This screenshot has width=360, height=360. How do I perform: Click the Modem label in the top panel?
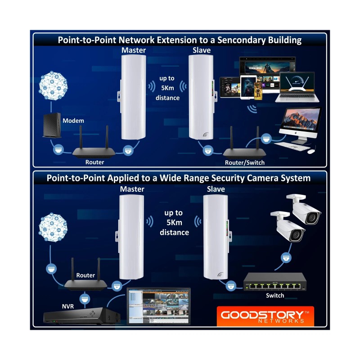point(73,121)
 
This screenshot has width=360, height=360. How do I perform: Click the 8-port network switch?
point(274,283)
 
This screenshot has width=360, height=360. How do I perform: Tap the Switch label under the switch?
point(274,296)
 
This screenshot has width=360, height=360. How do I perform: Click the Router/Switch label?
point(244,162)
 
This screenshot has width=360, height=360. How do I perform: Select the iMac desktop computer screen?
point(299,119)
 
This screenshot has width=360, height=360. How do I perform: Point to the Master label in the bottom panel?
point(132,189)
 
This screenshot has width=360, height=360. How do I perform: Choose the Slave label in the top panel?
point(201,50)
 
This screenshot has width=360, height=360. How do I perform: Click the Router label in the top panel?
point(94,162)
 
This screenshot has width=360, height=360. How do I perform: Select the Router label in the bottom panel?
point(85,275)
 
